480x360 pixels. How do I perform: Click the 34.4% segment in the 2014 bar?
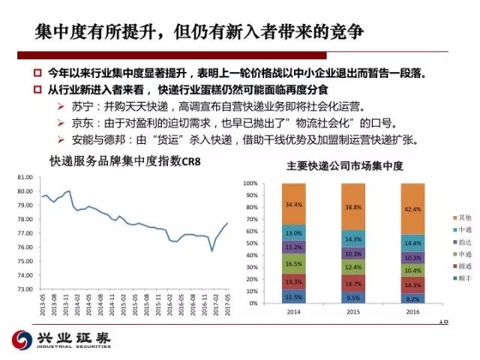point(294,204)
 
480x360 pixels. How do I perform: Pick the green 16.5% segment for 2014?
point(294,264)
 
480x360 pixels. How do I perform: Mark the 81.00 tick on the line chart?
point(24,177)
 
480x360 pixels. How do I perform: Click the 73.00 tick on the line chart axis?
point(24,288)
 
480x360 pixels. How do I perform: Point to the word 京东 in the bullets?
point(83,122)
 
